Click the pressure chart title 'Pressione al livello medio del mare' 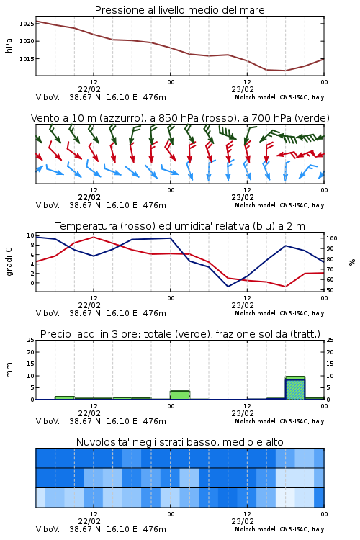(x=179, y=10)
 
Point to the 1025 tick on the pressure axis (x=27, y=24)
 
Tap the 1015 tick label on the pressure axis (x=27, y=59)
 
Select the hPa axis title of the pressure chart (x=9, y=45)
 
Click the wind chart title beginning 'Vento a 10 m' (x=180, y=118)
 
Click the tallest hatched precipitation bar (x=295, y=388)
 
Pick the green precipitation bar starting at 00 (x=180, y=395)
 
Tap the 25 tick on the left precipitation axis (x=31, y=340)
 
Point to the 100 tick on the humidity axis (x=332, y=238)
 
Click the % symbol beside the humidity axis (x=352, y=262)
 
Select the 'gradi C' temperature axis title (x=9, y=261)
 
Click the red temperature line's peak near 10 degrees (x=94, y=237)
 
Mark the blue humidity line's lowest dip (x=228, y=287)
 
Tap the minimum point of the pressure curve (x=285, y=71)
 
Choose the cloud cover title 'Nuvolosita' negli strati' (x=179, y=442)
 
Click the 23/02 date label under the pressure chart (x=243, y=89)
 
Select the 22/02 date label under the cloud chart (x=89, y=521)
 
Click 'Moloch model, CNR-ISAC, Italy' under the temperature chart (x=279, y=313)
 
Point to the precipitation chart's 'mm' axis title (x=9, y=370)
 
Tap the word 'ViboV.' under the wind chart (x=48, y=206)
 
